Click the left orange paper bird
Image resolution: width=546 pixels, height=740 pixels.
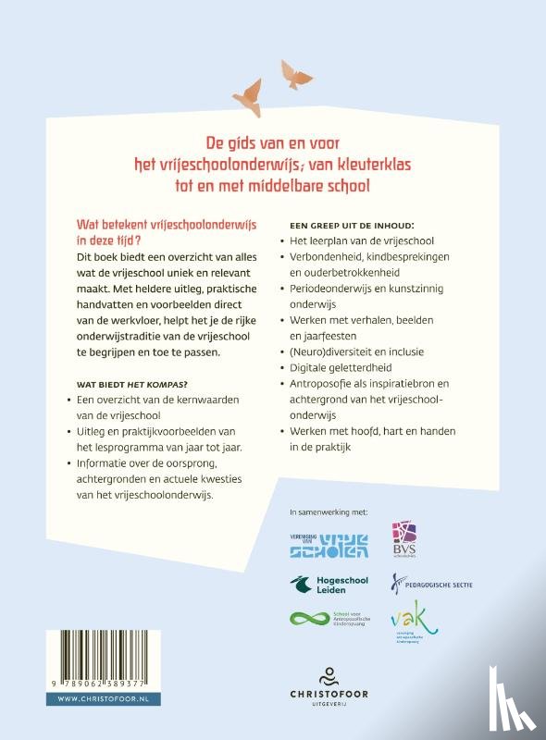(249, 89)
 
